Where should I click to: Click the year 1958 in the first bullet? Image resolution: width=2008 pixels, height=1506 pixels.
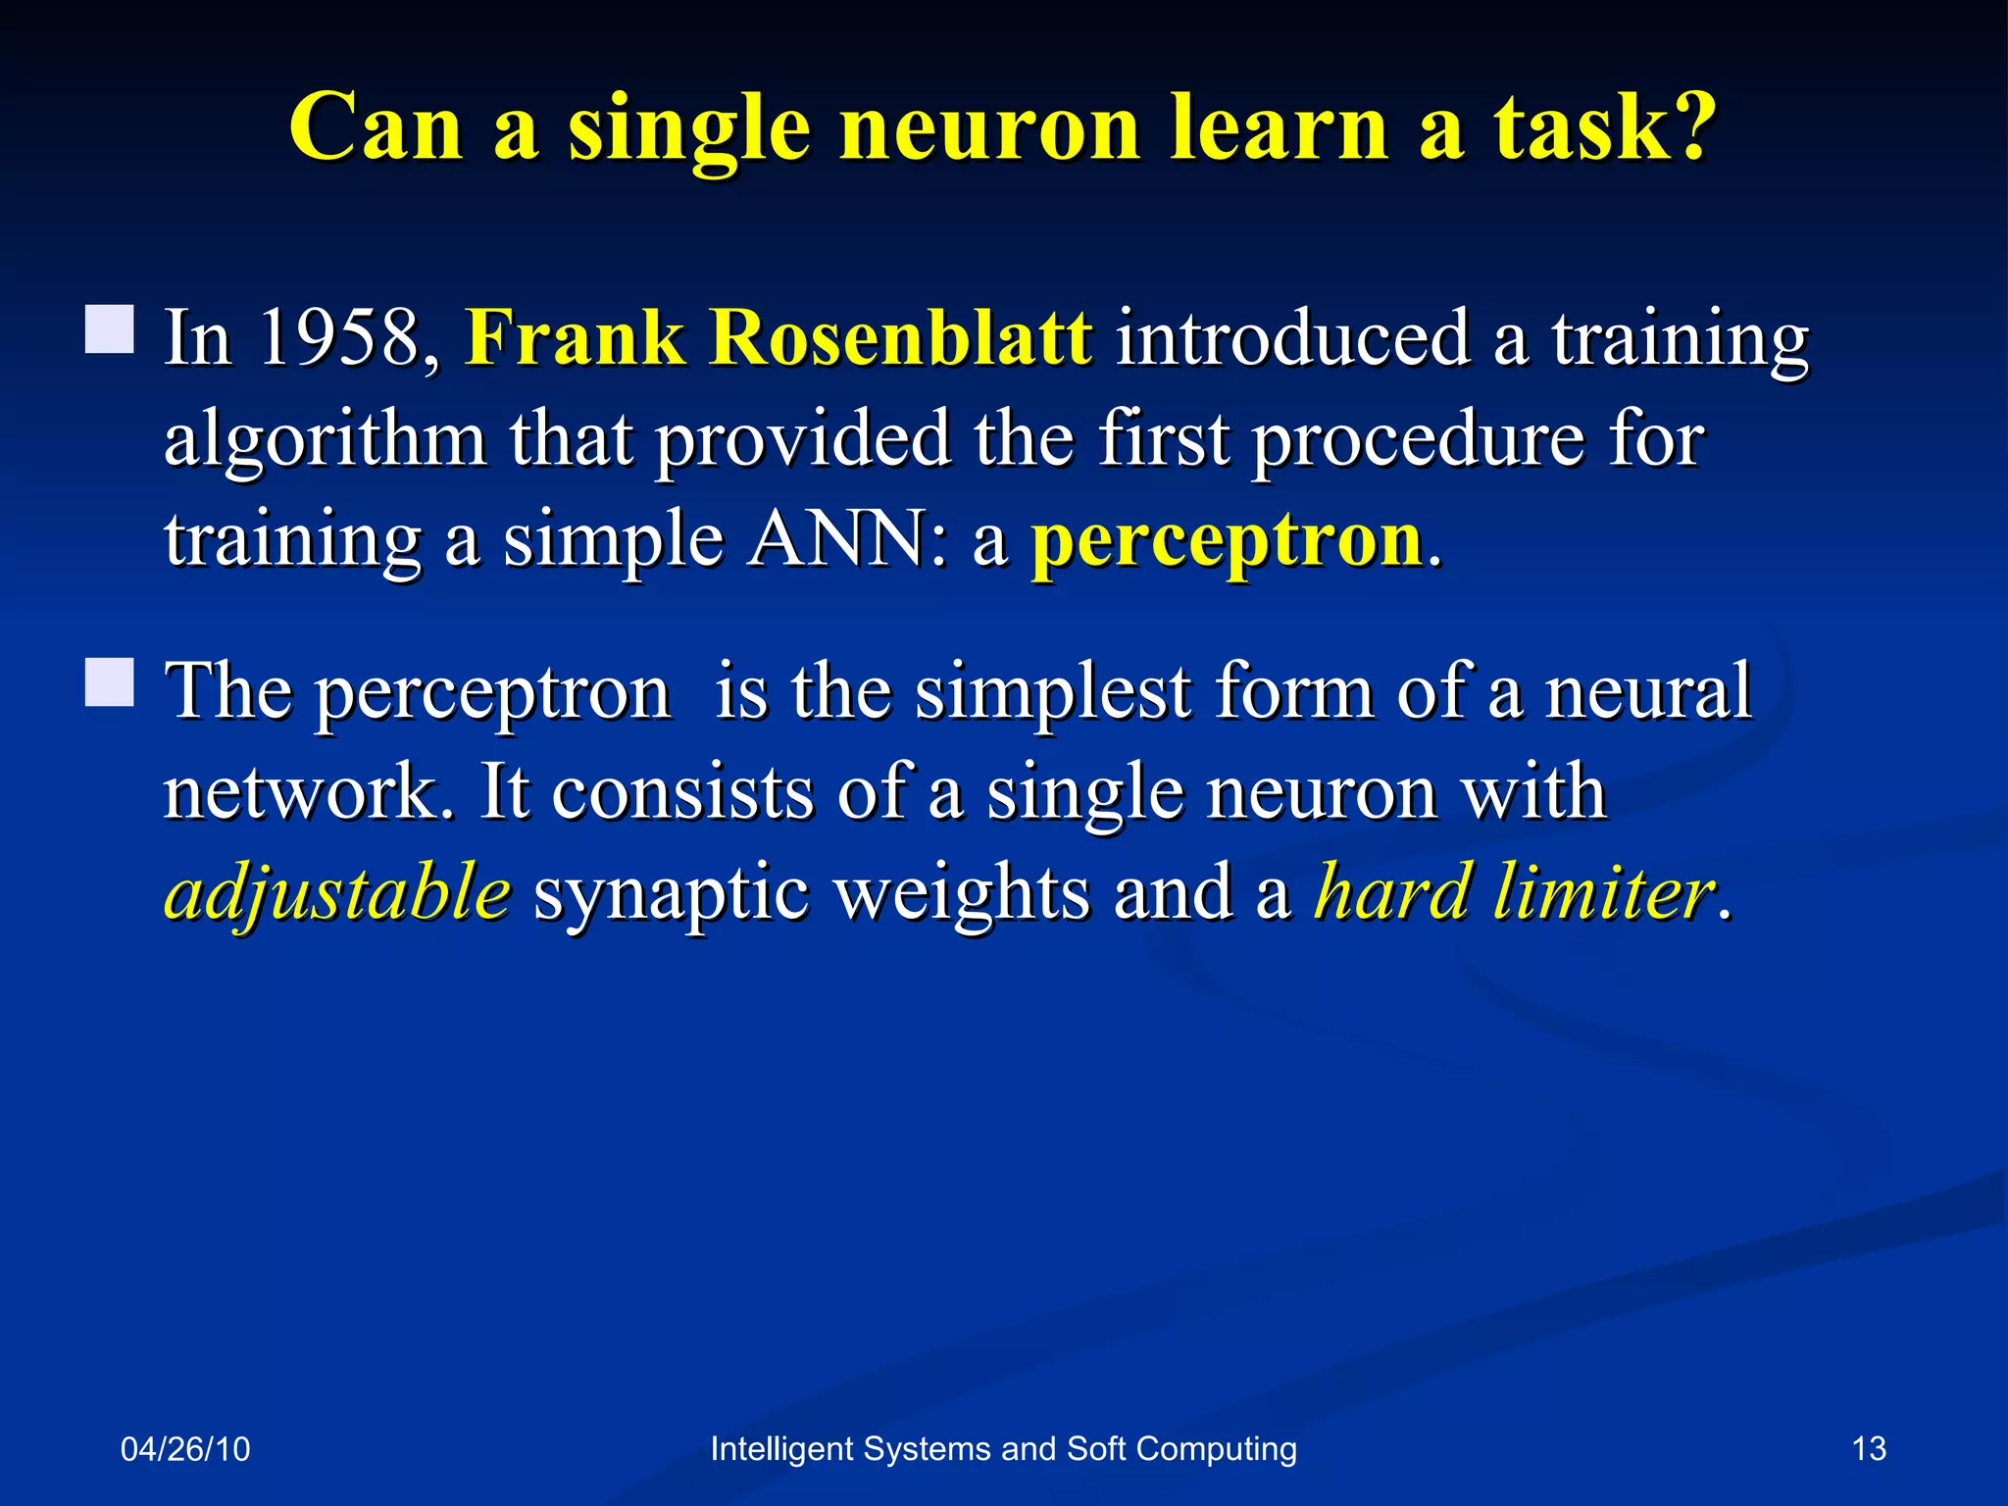tap(338, 338)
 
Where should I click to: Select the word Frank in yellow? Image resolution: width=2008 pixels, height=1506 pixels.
tap(575, 338)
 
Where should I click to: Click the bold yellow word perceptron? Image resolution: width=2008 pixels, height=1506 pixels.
tap(1227, 541)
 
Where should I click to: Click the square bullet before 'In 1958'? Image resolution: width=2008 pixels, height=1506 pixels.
tap(109, 328)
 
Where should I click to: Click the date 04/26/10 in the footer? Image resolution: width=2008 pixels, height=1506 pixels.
tap(185, 1449)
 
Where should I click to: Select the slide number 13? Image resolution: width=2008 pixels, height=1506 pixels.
tap(1869, 1449)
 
